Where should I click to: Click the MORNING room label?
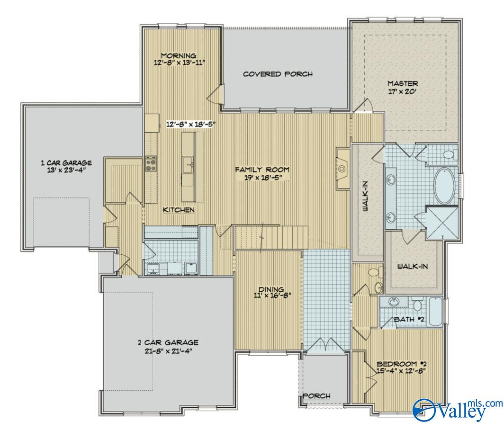(179, 55)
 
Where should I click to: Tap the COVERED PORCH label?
(278, 74)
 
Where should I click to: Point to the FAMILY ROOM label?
(262, 170)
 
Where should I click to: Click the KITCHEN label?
(179, 210)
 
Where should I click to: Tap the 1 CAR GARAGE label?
(66, 163)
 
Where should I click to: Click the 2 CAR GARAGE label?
(168, 342)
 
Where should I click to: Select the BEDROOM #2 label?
(402, 364)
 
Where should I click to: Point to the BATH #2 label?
(409, 320)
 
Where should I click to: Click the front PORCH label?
(316, 395)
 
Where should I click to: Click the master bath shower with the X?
(442, 223)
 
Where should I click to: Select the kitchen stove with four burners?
(151, 163)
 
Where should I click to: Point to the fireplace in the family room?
(343, 169)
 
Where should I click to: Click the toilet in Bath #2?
(418, 304)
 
